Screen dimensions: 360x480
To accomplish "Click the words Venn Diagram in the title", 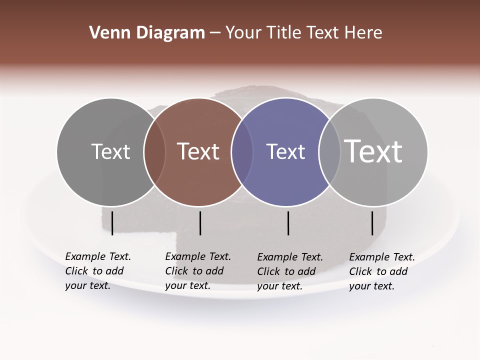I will click(x=147, y=33).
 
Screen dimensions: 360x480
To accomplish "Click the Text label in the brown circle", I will click(x=198, y=151).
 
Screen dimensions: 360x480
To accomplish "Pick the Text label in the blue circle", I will click(x=285, y=151).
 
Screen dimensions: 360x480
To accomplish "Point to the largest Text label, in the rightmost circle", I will click(x=373, y=151).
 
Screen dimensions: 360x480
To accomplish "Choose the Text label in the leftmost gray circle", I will click(x=110, y=151).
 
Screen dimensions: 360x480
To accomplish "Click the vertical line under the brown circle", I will click(x=200, y=223).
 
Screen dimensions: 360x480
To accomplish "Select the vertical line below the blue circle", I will click(x=288, y=223).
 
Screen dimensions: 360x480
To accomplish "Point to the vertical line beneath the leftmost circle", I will click(x=112, y=223).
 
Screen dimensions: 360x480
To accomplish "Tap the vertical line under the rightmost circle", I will click(x=372, y=223).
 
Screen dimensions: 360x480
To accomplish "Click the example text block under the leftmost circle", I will click(x=97, y=271).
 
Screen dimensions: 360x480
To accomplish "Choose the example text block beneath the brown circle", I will click(x=197, y=271).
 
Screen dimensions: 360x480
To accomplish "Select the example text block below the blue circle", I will click(x=289, y=271).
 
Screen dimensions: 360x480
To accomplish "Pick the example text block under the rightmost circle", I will click(x=381, y=271).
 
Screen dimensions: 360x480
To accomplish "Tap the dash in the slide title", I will click(x=215, y=33).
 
